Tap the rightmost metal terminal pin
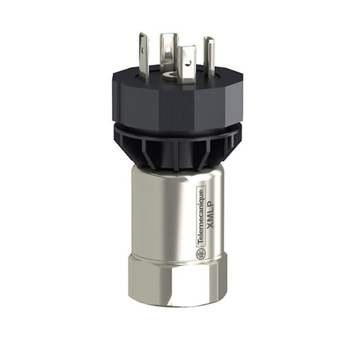click(209, 54)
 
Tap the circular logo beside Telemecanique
click(201, 254)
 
